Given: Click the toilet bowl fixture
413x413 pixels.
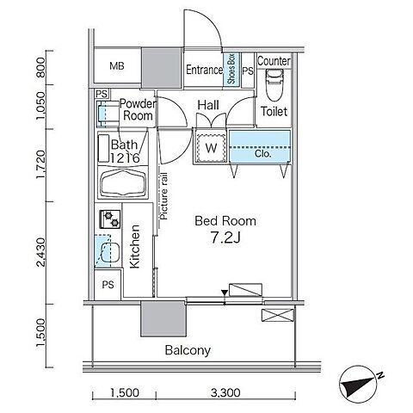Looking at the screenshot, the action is point(274,84).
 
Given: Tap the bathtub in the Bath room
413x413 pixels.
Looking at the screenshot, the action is point(123,182).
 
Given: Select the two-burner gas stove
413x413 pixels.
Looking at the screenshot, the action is point(110,219).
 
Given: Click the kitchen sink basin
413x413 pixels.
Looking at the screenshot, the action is point(110,252).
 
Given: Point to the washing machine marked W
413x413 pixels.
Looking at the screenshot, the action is point(211,148).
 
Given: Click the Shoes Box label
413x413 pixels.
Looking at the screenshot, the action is point(231,69).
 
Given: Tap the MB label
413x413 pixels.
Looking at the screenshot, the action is point(117,66).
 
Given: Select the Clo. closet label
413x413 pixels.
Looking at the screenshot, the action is point(262,154).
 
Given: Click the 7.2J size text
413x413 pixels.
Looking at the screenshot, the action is point(225,237).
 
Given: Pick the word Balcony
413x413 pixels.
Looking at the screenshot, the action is point(188,350).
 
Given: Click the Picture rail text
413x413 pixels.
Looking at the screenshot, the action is point(163,196).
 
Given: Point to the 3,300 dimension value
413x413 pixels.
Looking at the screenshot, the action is point(225,392).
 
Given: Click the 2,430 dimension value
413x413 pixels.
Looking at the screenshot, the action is point(40,252).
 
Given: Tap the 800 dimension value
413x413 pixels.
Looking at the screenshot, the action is point(40,67).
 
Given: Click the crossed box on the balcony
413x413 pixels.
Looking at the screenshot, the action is point(278,315).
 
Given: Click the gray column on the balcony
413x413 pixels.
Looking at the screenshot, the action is point(163,318).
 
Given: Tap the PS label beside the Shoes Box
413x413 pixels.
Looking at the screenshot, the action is point(248,71).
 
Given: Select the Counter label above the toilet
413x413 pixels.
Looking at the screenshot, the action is point(274,61).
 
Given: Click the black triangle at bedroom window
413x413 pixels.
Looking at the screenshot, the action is point(225,293).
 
